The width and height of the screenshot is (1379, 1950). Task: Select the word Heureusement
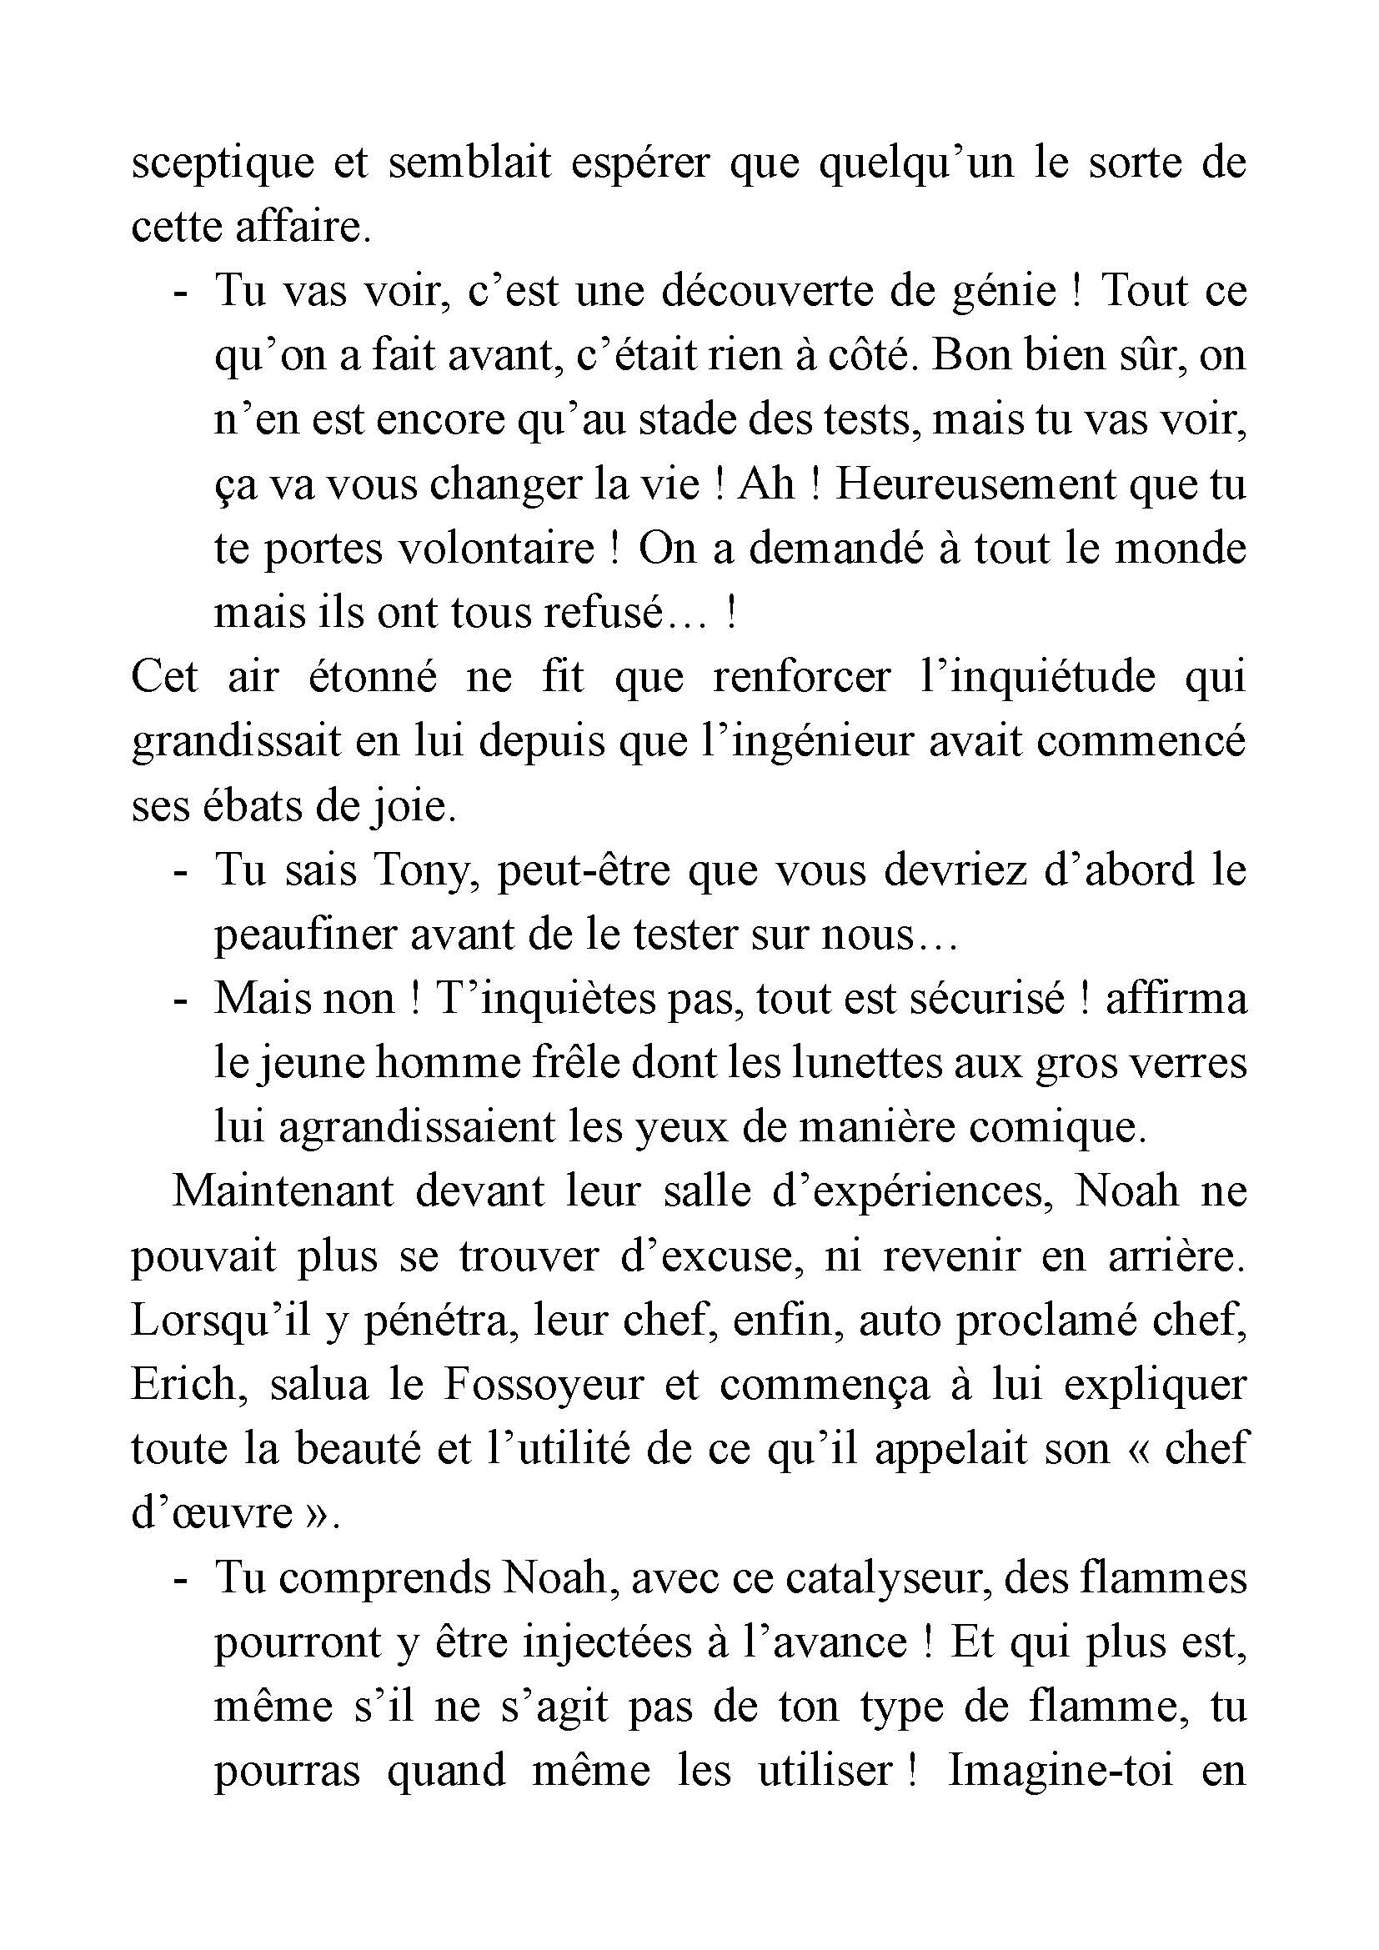pos(975,485)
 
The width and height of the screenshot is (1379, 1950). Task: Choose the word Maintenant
pos(283,1192)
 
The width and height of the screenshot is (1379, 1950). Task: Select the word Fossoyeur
pos(544,1386)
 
